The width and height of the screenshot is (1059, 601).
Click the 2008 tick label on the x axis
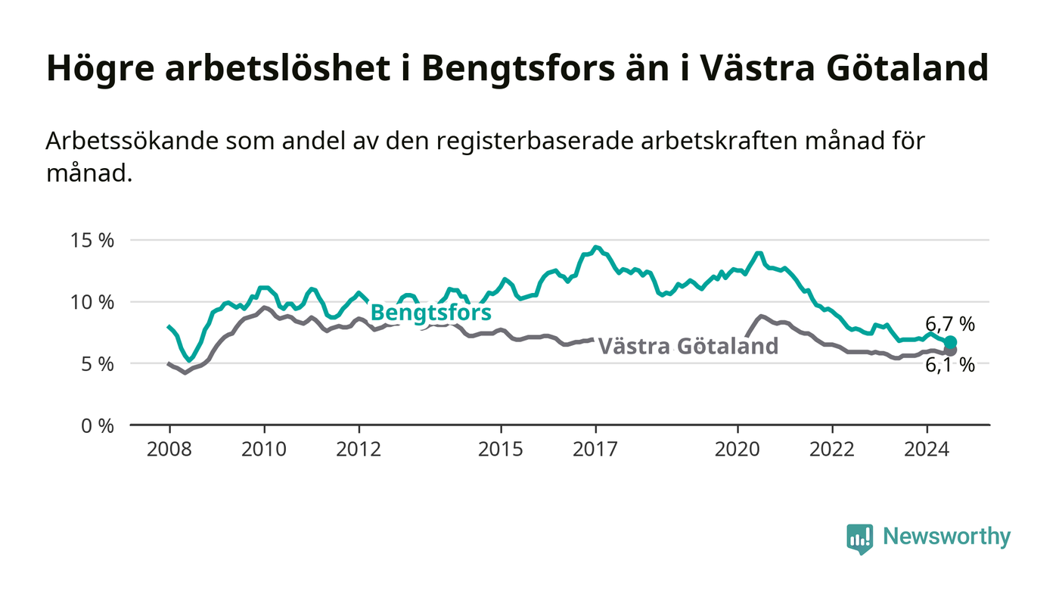169,450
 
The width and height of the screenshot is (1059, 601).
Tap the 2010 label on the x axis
264,450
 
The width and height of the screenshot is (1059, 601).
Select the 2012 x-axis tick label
359,450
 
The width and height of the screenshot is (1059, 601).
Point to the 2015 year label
501,450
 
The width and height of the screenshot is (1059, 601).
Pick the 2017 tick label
595,450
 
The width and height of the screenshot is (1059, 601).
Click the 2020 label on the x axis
738,450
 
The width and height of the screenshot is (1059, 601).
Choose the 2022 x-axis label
832,450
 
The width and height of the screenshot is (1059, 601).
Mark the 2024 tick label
927,450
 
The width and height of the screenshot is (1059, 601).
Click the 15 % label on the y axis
92,241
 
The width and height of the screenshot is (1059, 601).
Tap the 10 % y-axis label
92,303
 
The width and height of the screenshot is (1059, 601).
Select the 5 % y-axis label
98,364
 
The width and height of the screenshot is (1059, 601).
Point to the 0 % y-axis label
98,426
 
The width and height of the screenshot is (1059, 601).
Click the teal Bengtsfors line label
431,313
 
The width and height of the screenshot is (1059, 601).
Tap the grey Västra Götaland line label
688,346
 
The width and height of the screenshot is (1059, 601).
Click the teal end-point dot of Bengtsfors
950,342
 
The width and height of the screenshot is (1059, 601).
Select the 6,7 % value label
950,324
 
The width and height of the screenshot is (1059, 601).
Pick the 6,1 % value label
950,366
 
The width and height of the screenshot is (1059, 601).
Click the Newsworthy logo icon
860,539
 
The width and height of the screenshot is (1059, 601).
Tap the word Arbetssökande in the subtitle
132,141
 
